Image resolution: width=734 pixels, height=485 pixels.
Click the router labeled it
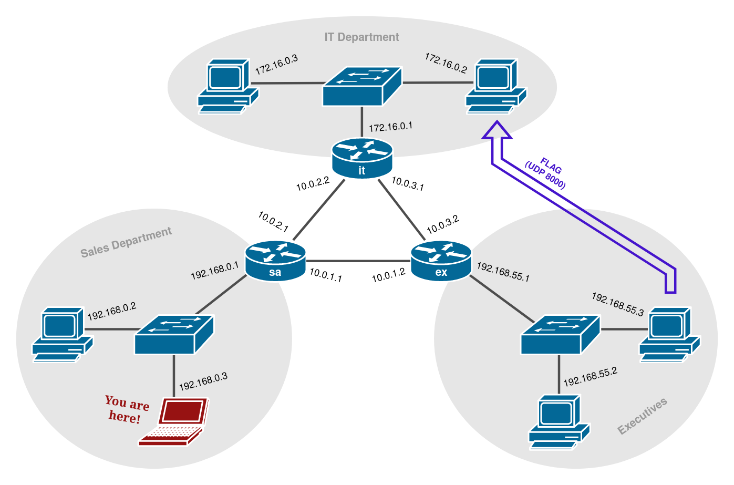pyautogui.click(x=362, y=158)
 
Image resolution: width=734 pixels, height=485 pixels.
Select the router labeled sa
pyautogui.click(x=275, y=261)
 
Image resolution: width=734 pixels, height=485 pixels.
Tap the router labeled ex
pyautogui.click(x=441, y=261)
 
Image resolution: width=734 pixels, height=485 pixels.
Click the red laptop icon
pyautogui.click(x=174, y=422)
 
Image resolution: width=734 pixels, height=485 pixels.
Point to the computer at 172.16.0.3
pyautogui.click(x=228, y=87)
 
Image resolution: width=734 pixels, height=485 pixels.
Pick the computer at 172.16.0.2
pyautogui.click(x=496, y=87)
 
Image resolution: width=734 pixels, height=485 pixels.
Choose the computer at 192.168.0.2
pyautogui.click(x=62, y=335)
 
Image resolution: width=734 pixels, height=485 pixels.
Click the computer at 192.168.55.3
pyautogui.click(x=670, y=335)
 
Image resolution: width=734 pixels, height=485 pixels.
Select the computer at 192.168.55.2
pyautogui.click(x=559, y=422)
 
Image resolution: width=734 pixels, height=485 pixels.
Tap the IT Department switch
pyautogui.click(x=362, y=87)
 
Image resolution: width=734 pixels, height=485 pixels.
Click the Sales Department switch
pyautogui.click(x=174, y=335)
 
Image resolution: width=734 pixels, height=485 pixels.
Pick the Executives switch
pyautogui.click(x=560, y=335)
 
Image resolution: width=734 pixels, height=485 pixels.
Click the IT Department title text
pyautogui.click(x=361, y=37)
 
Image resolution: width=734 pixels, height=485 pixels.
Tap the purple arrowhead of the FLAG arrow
pyautogui.click(x=497, y=130)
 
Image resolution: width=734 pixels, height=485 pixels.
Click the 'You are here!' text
pyautogui.click(x=127, y=409)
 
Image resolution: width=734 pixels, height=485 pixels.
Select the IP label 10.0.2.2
pyautogui.click(x=313, y=184)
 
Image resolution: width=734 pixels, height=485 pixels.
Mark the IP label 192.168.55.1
pyautogui.click(x=503, y=272)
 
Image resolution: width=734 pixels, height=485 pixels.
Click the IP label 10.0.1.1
pyautogui.click(x=326, y=275)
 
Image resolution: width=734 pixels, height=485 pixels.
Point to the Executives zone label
pyautogui.click(x=642, y=416)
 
